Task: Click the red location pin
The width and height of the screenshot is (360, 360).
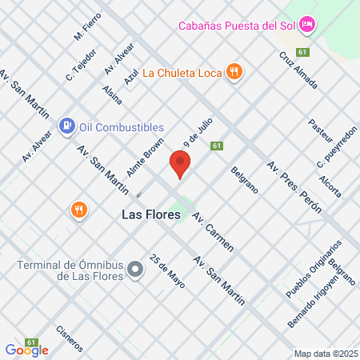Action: (180, 165)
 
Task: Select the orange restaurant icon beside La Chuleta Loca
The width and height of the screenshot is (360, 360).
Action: (234, 71)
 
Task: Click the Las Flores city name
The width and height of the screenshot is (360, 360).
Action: (150, 214)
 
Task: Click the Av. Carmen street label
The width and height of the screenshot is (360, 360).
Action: (214, 232)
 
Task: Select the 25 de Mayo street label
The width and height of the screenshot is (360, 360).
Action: (167, 275)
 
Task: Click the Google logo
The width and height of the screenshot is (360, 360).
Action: (26, 350)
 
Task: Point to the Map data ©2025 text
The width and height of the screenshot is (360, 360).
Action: (325, 353)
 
